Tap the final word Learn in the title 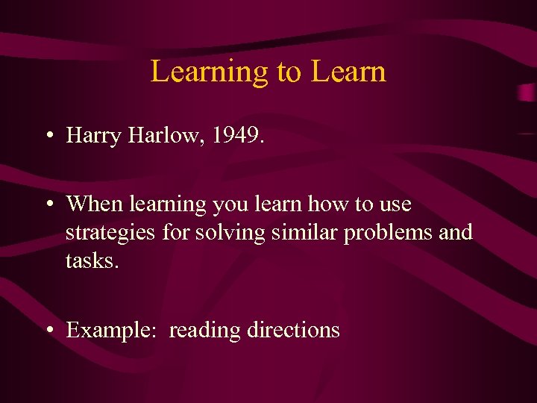(348, 72)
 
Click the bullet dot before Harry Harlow (47, 136)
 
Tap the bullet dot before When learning (47, 204)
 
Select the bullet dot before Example (47, 330)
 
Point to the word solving (230, 232)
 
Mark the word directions (293, 330)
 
